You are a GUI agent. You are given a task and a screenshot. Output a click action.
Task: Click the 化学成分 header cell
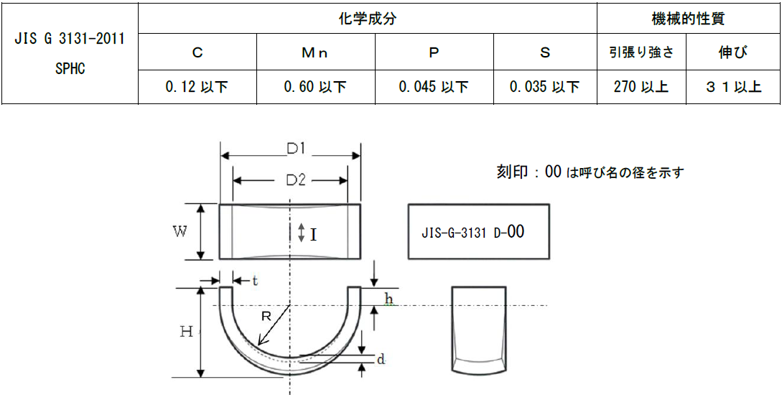tap(367, 19)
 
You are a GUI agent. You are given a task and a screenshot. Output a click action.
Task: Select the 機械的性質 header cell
tap(688, 19)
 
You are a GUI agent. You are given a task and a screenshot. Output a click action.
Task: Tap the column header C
tap(197, 52)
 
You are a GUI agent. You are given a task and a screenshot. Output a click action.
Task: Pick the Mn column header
tap(315, 52)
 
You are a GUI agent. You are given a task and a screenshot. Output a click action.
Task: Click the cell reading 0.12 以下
tap(197, 87)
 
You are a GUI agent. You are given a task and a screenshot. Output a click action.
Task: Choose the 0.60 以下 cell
tap(315, 87)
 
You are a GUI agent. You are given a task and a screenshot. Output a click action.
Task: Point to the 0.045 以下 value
tap(434, 87)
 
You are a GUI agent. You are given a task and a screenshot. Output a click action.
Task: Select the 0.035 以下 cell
tap(544, 87)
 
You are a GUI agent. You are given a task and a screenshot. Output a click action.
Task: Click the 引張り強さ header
tap(641, 52)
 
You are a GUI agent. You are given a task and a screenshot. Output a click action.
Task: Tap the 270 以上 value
tap(641, 87)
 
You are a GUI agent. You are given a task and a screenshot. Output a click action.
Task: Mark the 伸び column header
tap(732, 52)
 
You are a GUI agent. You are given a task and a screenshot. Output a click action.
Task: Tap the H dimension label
tap(186, 331)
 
